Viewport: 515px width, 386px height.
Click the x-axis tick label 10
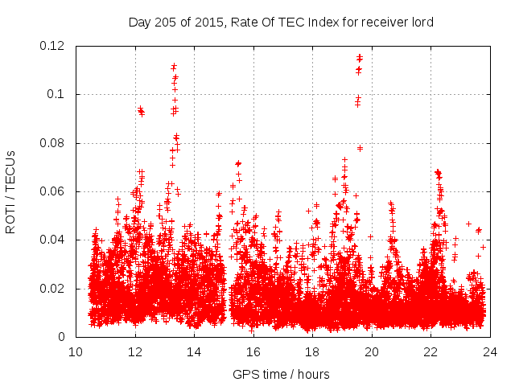pos(76,351)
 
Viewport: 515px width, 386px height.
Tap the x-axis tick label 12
pos(135,351)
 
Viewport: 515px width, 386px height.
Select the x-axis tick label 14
pos(194,351)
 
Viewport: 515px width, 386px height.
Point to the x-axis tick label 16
pos(253,351)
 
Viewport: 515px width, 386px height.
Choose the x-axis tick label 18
pos(312,351)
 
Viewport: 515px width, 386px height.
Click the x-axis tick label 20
pos(372,351)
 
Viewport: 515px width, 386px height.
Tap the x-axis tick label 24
pos(490,351)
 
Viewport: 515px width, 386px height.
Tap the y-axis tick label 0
pos(64,337)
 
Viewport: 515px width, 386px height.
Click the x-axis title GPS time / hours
pos(281,374)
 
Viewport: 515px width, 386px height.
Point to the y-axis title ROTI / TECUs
pos(11,191)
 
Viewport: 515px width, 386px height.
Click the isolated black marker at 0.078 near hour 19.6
pos(360,148)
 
